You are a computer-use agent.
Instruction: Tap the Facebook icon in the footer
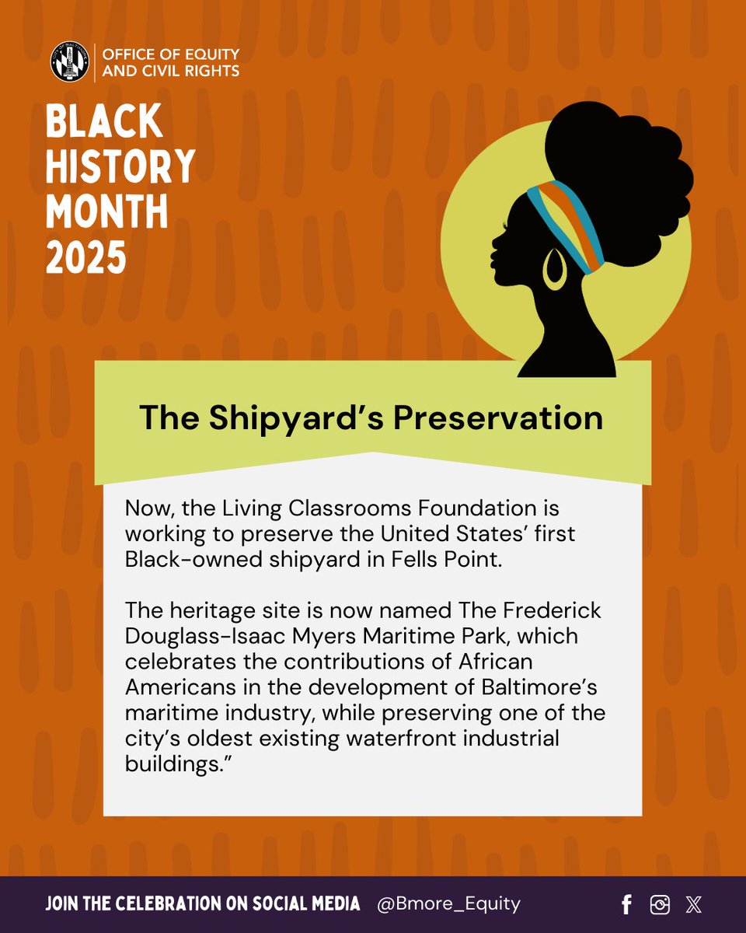[x=626, y=904]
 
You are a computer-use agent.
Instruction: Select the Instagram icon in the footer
[x=660, y=904]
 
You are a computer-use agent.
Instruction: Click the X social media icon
[x=693, y=904]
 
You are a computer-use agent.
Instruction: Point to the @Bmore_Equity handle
[x=448, y=903]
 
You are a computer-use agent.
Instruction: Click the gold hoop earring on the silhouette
[x=555, y=270]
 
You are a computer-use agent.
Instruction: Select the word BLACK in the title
[x=104, y=122]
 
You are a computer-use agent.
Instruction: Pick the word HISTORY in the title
[x=120, y=166]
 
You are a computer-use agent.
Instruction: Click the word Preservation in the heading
[x=497, y=418]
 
